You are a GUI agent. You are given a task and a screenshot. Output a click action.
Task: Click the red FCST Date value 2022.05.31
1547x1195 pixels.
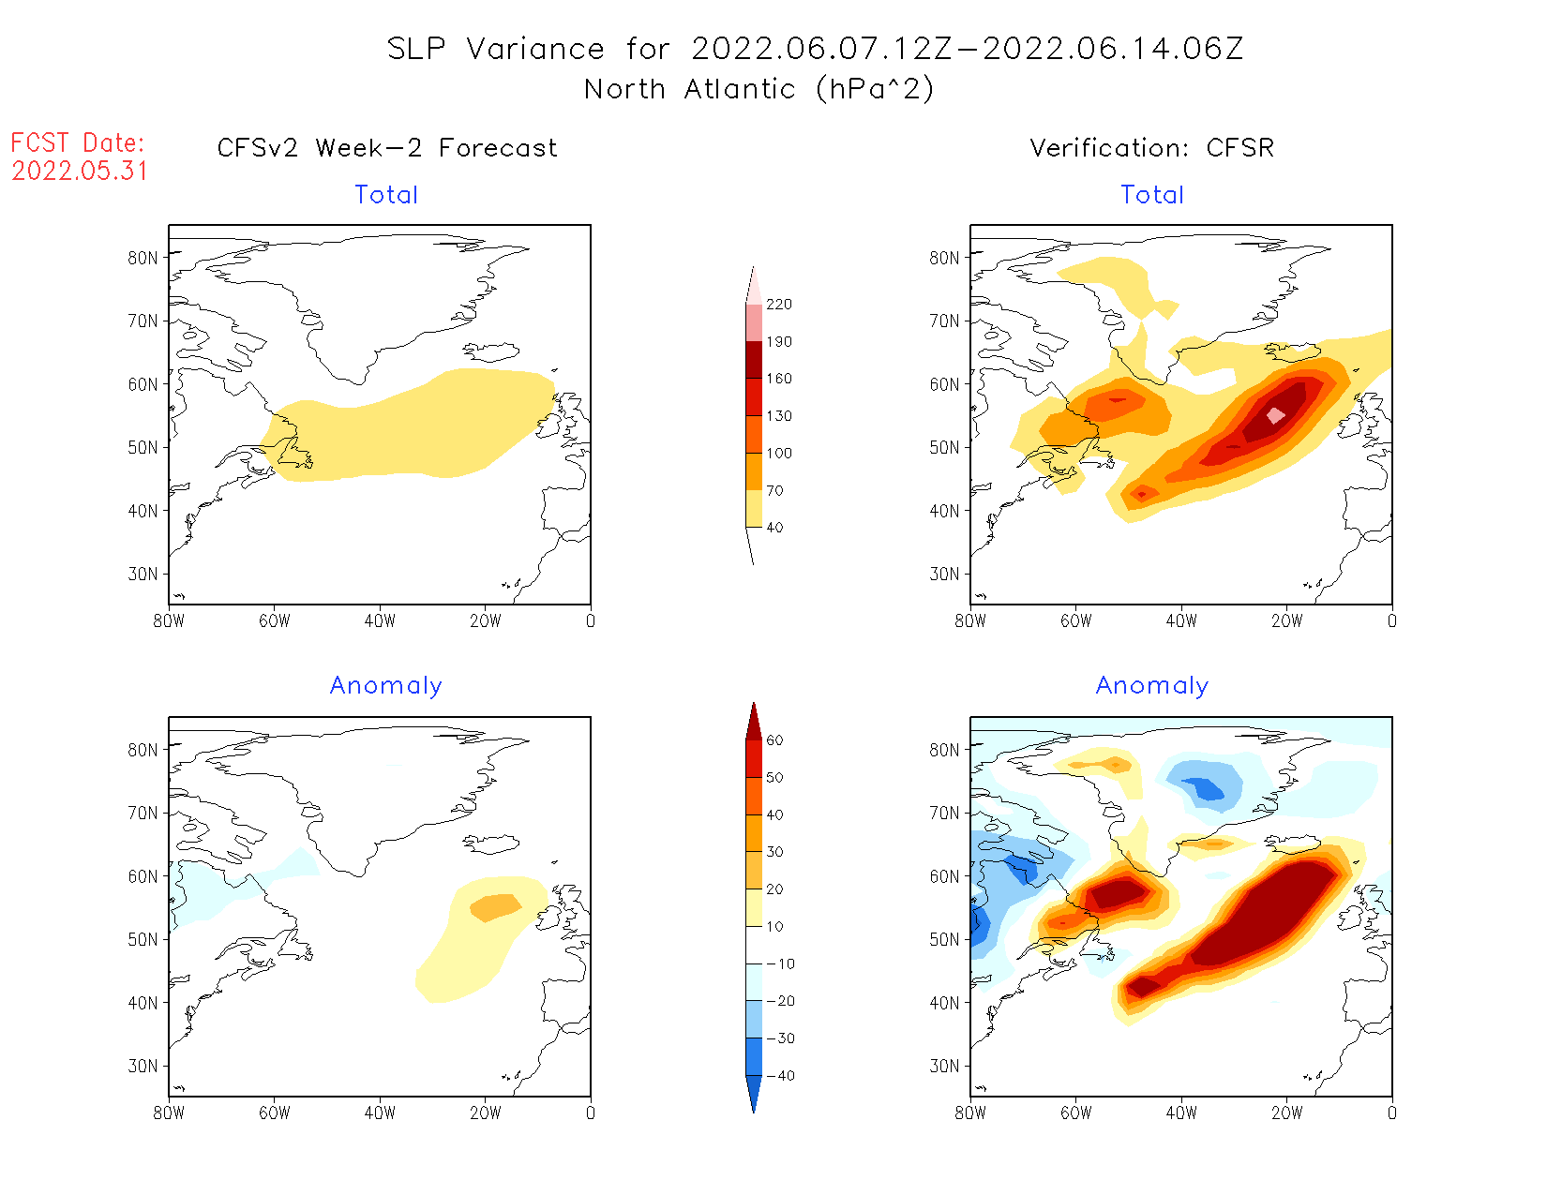click(80, 172)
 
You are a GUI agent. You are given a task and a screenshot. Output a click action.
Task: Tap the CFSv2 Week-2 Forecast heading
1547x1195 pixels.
click(387, 148)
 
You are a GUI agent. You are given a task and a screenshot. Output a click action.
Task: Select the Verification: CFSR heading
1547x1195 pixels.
click(1152, 148)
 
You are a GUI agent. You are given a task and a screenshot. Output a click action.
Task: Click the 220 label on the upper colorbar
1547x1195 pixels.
click(778, 305)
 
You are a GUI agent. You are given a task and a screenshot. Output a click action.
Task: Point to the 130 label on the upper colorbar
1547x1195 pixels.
click(778, 416)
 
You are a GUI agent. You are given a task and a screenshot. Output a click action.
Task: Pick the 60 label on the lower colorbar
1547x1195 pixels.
click(774, 740)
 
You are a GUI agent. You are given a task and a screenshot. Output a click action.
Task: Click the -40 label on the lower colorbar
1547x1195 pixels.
click(779, 1076)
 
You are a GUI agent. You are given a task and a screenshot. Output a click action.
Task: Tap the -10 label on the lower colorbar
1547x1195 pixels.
click(779, 963)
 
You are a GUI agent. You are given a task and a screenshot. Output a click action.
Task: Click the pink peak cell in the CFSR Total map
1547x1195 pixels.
click(1275, 415)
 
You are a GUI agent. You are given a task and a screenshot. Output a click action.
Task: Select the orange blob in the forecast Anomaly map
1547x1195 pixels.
click(495, 907)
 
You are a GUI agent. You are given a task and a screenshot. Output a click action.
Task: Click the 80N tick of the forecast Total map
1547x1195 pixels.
click(143, 258)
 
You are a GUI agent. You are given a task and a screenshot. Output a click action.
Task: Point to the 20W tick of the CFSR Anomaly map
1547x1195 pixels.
click(1286, 1113)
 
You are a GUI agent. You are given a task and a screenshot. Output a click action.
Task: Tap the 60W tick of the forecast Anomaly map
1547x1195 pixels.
click(274, 1113)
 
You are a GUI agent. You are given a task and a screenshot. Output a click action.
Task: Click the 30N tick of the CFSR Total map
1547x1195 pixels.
click(945, 575)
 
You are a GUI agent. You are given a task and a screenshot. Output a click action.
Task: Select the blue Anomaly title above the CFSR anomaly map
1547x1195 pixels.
click(1152, 686)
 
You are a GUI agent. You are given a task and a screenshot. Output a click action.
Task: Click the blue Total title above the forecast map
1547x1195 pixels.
click(386, 195)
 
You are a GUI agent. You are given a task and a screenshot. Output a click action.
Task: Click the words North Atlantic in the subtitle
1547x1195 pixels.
click(688, 90)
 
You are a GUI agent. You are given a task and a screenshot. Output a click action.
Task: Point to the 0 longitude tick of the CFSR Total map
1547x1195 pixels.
click(1392, 621)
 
